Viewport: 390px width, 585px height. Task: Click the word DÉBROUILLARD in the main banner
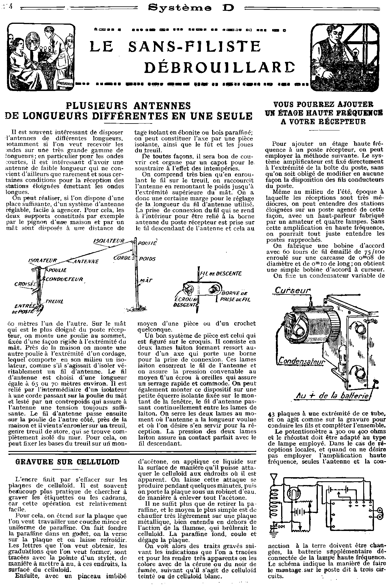[220, 67]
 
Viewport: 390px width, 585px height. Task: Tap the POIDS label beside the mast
[147, 259]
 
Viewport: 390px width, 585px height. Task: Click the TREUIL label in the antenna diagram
[54, 302]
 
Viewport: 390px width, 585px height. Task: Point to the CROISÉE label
[25, 284]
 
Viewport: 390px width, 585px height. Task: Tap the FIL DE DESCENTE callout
[221, 273]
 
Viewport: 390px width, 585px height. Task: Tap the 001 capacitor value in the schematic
[282, 525]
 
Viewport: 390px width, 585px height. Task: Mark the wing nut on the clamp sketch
[186, 289]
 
